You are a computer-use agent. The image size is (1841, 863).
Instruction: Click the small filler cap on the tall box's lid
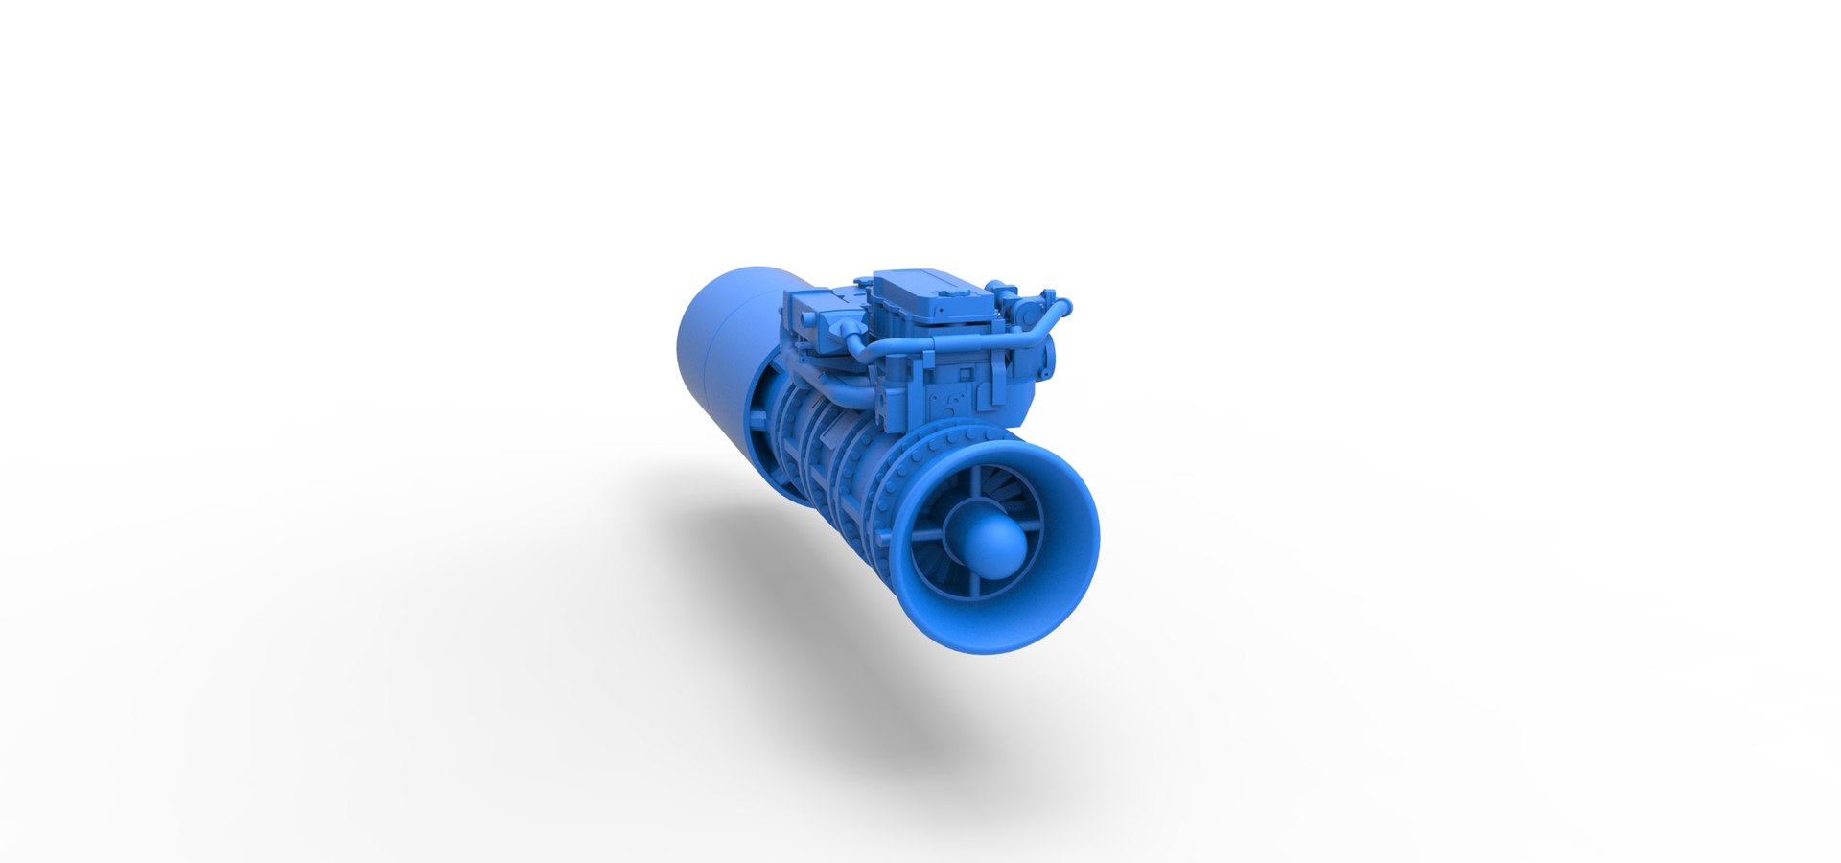tap(954, 293)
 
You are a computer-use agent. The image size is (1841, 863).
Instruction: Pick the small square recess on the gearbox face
tap(966, 374)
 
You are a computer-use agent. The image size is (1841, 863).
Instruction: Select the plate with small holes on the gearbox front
tap(948, 403)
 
